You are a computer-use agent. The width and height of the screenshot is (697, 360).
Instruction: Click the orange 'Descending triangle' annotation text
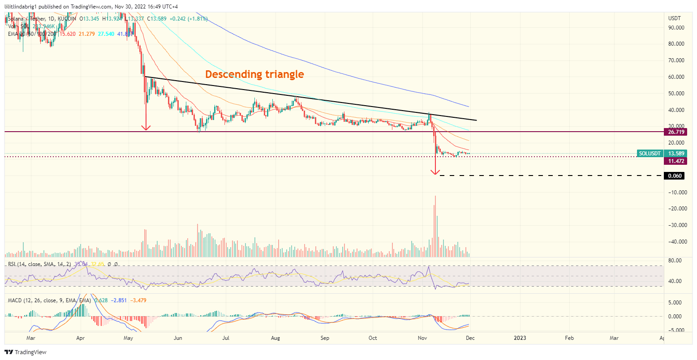[x=254, y=74]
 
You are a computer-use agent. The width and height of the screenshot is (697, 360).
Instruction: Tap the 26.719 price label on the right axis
[x=675, y=132]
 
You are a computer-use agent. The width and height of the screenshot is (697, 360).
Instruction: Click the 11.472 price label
[x=675, y=161]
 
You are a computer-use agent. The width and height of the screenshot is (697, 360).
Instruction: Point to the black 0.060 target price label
[x=675, y=176]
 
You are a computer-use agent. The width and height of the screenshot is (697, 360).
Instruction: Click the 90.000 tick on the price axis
[x=675, y=28]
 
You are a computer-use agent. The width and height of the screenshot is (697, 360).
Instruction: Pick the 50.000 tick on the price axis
[x=675, y=94]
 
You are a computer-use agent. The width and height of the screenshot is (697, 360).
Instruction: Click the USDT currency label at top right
[x=674, y=18]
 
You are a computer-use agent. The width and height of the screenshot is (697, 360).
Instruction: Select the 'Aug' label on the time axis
[x=275, y=338]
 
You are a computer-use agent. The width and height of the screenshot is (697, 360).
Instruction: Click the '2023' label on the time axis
[x=520, y=338]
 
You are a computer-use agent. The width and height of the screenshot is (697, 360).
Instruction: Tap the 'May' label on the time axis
[x=129, y=338]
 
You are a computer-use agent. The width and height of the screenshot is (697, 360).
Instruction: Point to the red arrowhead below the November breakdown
[x=435, y=171]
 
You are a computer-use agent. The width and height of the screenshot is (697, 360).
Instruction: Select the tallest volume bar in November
[x=435, y=226]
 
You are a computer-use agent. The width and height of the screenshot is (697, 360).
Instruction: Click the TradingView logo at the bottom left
[x=26, y=352]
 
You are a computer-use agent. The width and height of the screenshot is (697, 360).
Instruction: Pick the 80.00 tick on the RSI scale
[x=675, y=261]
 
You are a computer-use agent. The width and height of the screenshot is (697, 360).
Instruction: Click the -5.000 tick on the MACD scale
[x=675, y=330]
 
